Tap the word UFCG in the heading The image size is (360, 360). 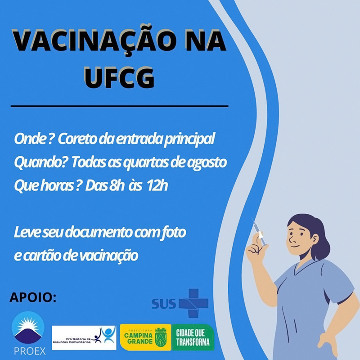pyautogui.click(x=119, y=77)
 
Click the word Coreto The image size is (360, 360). pyautogui.click(x=77, y=139)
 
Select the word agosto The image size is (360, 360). pyautogui.click(x=207, y=163)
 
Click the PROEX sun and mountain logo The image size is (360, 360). pyautogui.click(x=28, y=328)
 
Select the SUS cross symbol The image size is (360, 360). pyautogui.click(x=193, y=303)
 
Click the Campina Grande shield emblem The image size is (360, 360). pyautogui.click(x=161, y=337)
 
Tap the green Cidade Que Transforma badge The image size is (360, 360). pyautogui.click(x=193, y=337)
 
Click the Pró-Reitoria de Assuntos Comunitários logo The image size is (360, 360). pyautogui.click(x=84, y=338)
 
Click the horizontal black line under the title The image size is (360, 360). pyautogui.click(x=119, y=106)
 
